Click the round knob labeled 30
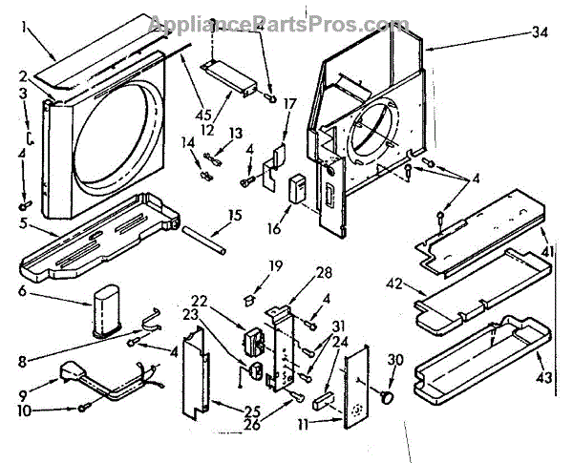[390, 392]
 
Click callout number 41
[547, 251]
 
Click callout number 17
[290, 103]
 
